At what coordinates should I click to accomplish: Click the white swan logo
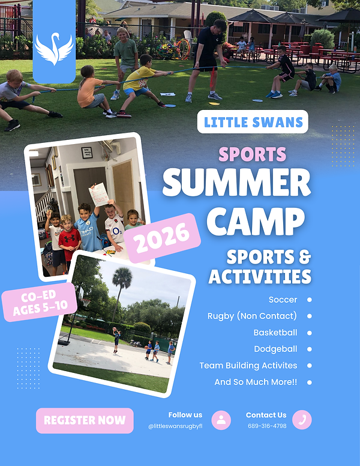(54, 49)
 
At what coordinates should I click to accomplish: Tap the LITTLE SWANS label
(252, 122)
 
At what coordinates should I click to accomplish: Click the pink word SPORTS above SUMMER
(252, 154)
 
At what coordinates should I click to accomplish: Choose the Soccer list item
(283, 299)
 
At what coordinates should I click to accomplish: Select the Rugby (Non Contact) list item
(252, 316)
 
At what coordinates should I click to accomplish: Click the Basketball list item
(275, 332)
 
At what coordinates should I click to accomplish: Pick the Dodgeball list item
(275, 349)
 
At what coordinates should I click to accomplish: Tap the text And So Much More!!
(256, 382)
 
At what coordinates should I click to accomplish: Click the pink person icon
(221, 420)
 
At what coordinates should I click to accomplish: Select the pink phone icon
(302, 420)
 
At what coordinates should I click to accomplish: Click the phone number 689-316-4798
(267, 426)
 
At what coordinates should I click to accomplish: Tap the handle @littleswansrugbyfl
(175, 426)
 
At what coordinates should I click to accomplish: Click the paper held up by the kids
(98, 194)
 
